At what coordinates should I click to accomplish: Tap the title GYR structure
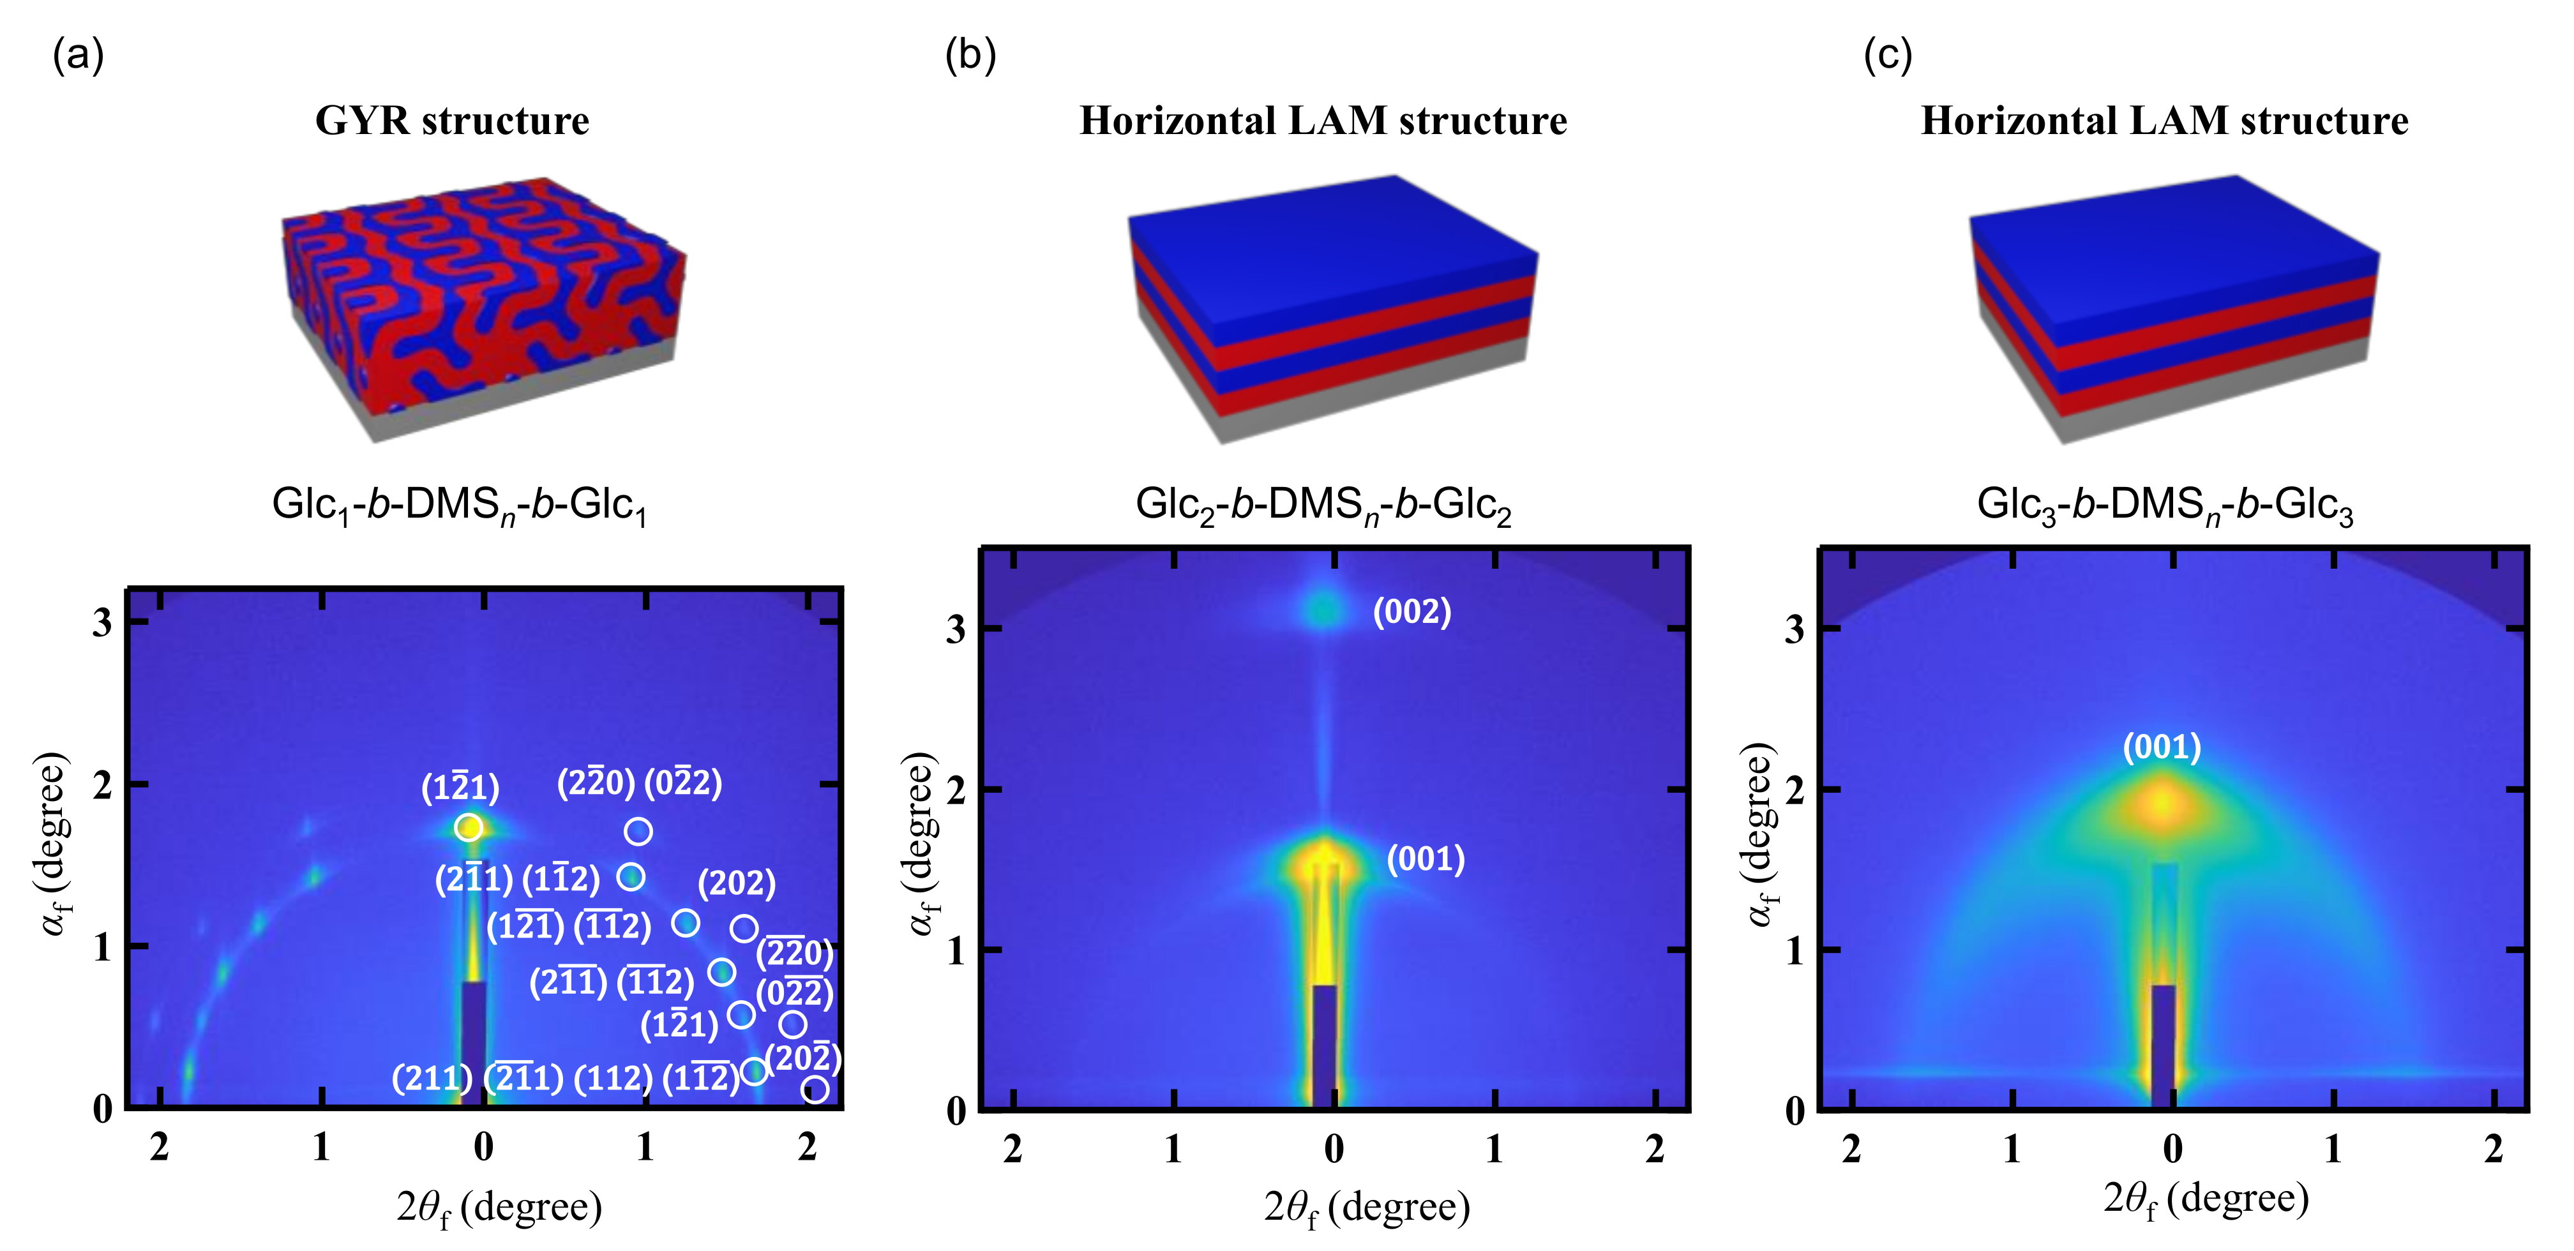(451, 121)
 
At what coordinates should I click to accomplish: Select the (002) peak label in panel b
(1411, 611)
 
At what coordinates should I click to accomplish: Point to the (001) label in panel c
(2162, 746)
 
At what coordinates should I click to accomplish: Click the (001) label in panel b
(1425, 858)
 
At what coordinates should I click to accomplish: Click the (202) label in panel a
(737, 882)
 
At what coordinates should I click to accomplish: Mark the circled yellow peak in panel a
(469, 827)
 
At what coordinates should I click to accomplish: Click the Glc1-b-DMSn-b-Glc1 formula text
(460, 505)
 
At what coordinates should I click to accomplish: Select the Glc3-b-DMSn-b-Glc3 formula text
(2164, 505)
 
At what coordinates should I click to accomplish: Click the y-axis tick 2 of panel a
(102, 785)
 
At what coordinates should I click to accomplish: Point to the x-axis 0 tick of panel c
(2172, 1149)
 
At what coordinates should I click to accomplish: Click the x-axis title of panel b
(1367, 1207)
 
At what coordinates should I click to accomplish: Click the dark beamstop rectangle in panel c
(2164, 1044)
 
